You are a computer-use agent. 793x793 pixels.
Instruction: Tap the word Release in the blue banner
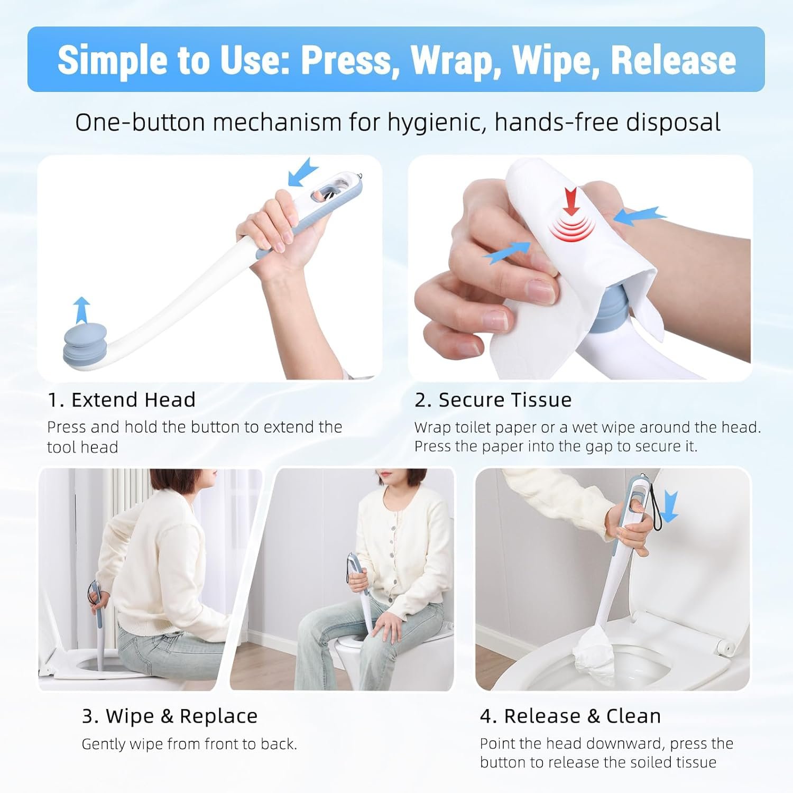pos(674,60)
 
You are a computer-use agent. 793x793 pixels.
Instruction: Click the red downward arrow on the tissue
pos(571,201)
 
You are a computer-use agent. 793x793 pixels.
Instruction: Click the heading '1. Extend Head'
pos(122,400)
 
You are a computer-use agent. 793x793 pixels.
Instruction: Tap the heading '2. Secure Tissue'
pos(493,400)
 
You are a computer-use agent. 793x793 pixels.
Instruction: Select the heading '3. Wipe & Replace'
pos(170,716)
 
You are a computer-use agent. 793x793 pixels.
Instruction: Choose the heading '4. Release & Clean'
pos(570,716)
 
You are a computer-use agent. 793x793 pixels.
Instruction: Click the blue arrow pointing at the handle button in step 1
pos(303,173)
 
